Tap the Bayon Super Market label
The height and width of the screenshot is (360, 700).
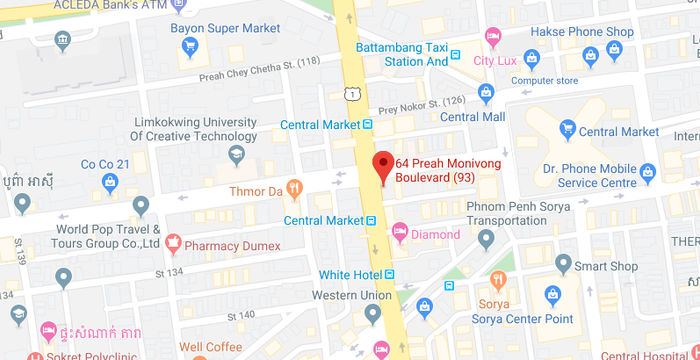point(225,28)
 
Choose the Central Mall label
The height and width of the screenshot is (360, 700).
point(473,116)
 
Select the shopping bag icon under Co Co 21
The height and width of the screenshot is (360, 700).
point(110,183)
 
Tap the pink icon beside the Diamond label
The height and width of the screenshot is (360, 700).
point(400,235)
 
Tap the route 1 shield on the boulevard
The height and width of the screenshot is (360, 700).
point(353,93)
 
